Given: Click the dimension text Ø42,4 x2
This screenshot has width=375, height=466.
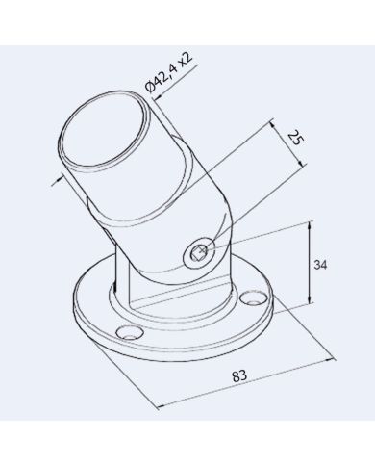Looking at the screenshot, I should pos(169,73).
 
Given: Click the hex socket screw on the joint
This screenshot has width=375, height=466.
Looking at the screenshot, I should pos(196,254).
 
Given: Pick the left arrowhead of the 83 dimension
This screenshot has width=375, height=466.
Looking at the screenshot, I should pos(156,404).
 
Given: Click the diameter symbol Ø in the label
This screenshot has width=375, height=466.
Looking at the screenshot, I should pos(151,90).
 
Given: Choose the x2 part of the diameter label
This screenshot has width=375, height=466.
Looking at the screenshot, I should pos(186,59).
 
